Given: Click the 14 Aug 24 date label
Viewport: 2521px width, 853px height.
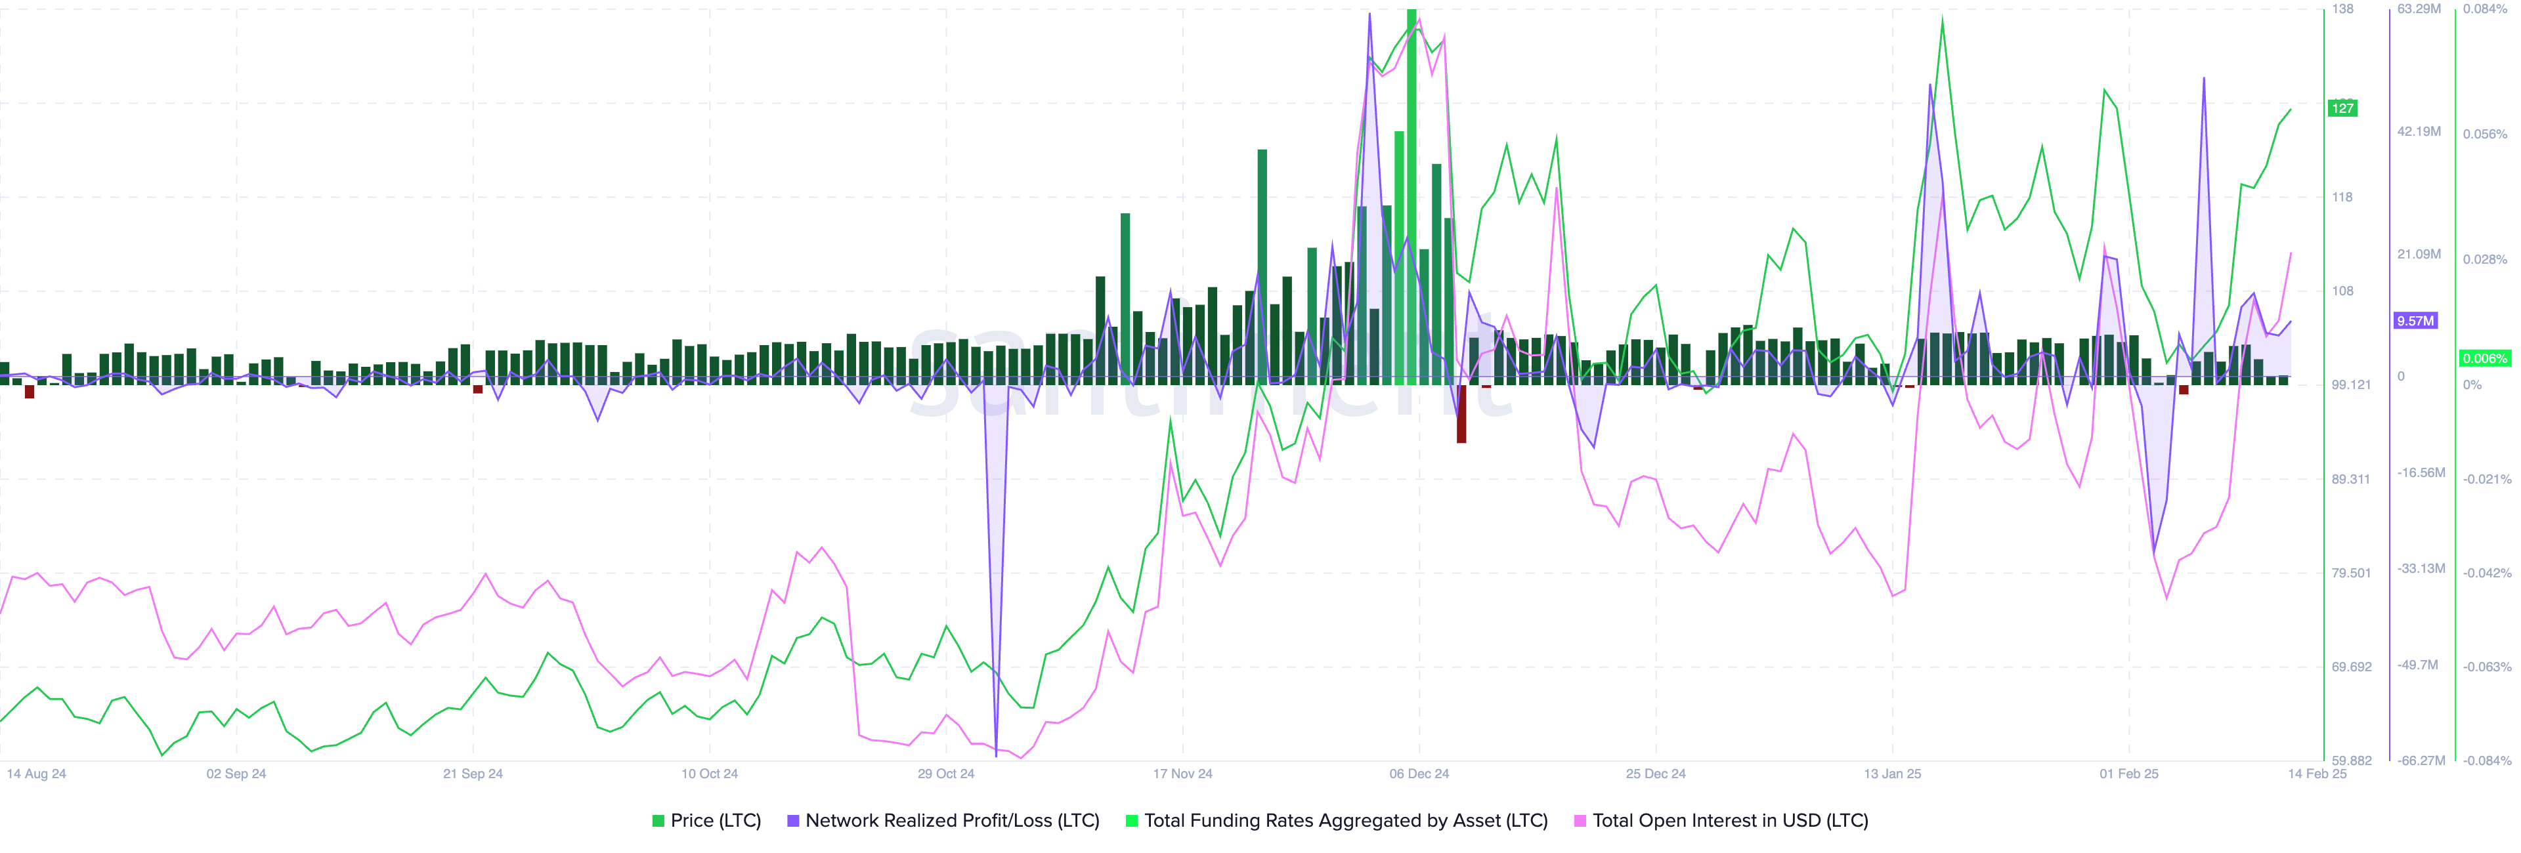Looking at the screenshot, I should [36, 774].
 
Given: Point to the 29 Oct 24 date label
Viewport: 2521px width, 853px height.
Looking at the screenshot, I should [945, 774].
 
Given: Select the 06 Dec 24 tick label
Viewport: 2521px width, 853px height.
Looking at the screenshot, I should [1419, 774].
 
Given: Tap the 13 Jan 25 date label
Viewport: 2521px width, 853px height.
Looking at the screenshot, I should [1891, 774].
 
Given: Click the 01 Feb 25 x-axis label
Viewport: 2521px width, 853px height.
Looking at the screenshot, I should [2128, 774].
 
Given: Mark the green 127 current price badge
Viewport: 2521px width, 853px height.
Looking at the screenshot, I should [2342, 108].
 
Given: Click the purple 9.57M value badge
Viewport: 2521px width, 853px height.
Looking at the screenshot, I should [2415, 321].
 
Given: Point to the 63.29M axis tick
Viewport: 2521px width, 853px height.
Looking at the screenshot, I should [2418, 9].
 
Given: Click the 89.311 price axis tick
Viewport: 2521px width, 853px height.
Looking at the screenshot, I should [2351, 480].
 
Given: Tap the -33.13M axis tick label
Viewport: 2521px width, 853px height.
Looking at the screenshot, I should [2420, 568].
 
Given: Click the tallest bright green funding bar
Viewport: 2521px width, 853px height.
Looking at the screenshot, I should [1411, 196].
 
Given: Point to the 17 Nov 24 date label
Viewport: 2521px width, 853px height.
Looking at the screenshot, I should [1182, 774].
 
